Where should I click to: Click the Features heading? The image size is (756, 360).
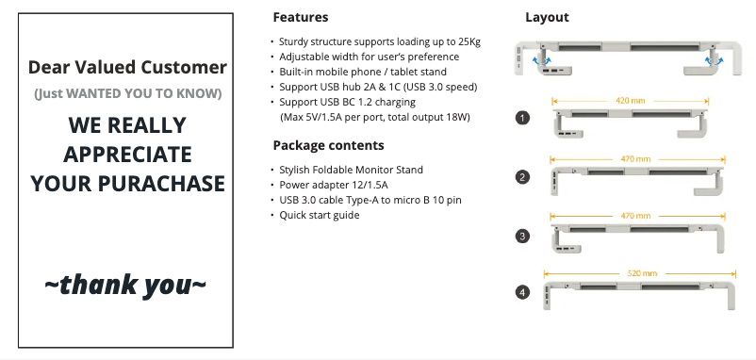300,17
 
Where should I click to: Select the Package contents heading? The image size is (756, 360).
328,145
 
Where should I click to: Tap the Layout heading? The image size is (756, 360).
547,17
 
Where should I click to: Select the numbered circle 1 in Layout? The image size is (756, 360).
522,118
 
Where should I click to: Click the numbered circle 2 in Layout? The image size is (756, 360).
522,177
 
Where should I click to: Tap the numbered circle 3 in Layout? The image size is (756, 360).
522,236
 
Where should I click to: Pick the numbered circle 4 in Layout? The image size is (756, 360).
522,293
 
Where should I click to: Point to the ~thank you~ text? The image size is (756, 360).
126,284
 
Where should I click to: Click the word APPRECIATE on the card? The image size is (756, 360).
127,154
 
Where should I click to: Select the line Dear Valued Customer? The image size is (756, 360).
127,67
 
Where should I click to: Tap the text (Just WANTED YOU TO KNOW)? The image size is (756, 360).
127,93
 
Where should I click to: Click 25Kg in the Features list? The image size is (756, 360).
468,41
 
